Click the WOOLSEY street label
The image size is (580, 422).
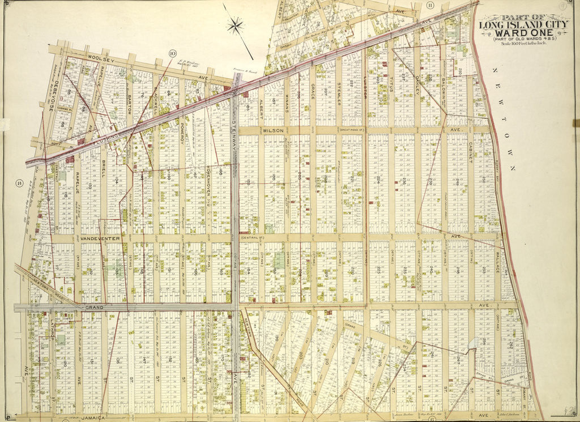click(89, 57)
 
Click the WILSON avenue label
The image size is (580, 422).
click(272, 130)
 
